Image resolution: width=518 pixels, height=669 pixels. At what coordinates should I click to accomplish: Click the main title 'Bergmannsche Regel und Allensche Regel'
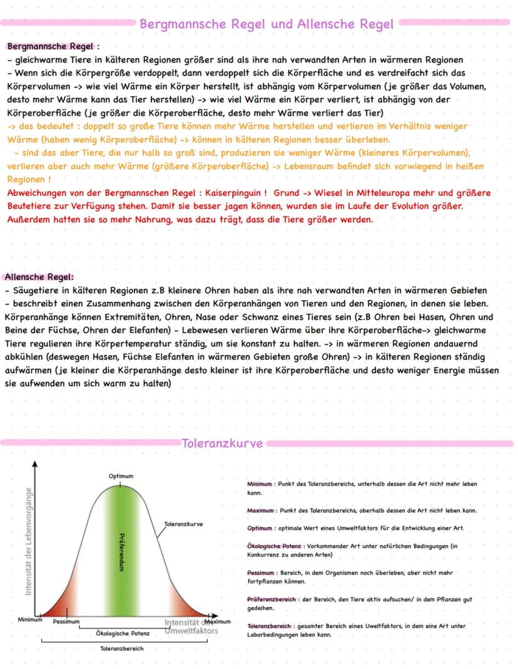tap(267, 24)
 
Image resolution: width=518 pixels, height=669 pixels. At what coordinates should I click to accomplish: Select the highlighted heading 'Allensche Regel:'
tap(39, 276)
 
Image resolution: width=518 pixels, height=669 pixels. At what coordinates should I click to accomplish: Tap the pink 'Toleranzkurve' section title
tap(222, 444)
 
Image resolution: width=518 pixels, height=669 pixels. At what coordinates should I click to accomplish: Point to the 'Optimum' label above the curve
tap(121, 476)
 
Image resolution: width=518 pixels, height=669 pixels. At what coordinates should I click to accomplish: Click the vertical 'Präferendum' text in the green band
tap(121, 551)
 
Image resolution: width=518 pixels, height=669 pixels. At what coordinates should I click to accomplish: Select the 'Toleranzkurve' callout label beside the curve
tap(183, 523)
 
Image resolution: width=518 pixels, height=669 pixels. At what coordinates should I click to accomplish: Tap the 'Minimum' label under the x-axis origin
tap(29, 620)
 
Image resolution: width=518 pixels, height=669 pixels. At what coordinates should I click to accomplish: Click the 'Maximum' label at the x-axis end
tap(218, 621)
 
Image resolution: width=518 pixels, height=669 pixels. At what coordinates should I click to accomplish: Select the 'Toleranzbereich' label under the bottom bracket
tap(121, 649)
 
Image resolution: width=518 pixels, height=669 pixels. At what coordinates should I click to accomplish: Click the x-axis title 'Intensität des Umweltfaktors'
tap(191, 626)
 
